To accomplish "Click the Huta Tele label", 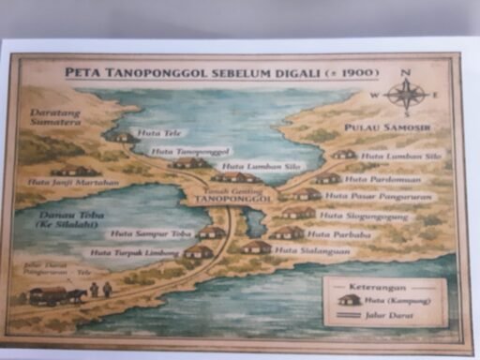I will (152, 133).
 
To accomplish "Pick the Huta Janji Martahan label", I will (74, 183).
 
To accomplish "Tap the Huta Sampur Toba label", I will (141, 233).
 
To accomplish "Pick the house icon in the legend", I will (350, 301).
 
